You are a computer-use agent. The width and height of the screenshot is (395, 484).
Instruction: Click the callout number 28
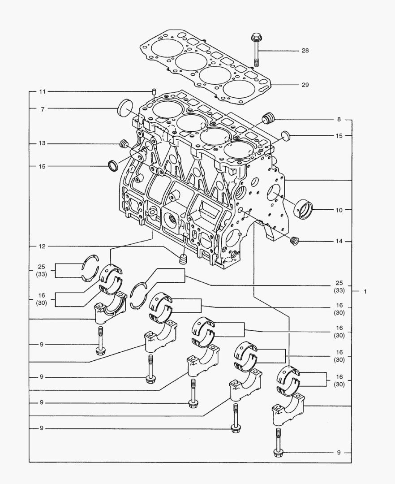[x=305, y=51]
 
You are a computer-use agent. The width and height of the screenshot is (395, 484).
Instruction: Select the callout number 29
[x=305, y=85]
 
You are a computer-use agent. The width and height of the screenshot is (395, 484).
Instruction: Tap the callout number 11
[x=43, y=92]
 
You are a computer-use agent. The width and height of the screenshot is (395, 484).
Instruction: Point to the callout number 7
[x=43, y=109]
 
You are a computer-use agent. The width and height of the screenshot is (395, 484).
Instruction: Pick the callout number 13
[x=43, y=143]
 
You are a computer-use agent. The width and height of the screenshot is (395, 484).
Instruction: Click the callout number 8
[x=339, y=120]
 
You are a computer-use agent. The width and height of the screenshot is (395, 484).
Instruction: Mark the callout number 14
[x=339, y=242]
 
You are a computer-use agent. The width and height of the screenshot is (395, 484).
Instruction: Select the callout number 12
[x=43, y=246]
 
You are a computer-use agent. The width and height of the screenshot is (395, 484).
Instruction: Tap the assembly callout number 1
[x=365, y=292]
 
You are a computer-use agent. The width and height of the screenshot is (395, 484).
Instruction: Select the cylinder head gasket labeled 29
[x=206, y=67]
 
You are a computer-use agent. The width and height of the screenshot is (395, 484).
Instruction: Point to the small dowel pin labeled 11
[x=154, y=92]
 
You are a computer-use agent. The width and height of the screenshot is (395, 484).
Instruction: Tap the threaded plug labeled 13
[x=124, y=144]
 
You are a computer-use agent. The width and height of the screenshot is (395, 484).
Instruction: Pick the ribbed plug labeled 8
[x=269, y=119]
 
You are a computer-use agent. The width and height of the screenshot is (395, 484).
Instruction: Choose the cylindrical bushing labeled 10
[x=303, y=208]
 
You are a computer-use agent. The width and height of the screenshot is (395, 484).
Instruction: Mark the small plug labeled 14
[x=294, y=241]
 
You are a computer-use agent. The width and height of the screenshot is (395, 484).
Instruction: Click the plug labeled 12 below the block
[x=182, y=259]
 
